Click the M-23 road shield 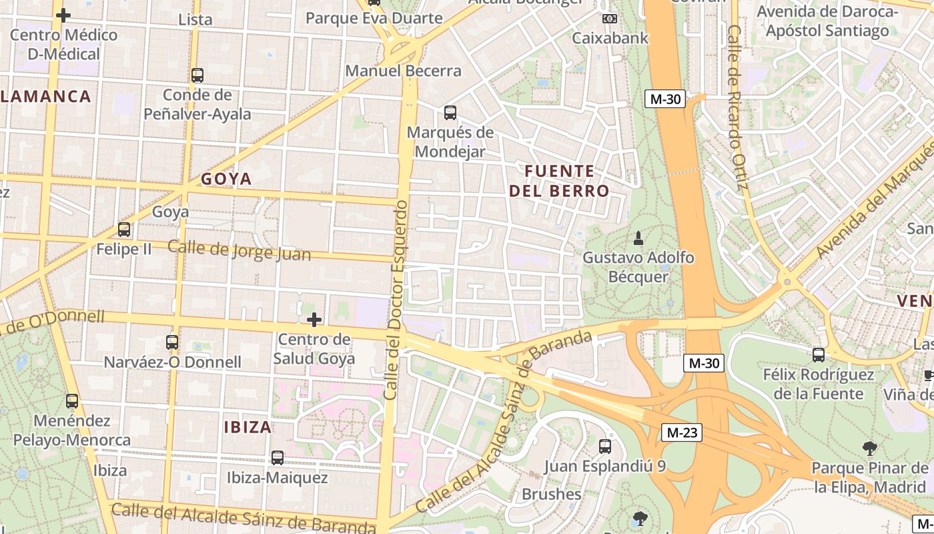click(682, 433)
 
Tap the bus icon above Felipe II click(124, 230)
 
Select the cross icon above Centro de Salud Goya click(314, 320)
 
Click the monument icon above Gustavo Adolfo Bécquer click(638, 238)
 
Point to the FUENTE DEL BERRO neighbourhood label click(559, 181)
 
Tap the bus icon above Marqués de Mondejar click(450, 113)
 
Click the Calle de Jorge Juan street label click(239, 250)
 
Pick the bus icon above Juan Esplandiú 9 click(605, 447)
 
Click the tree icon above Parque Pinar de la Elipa click(869, 449)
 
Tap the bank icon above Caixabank click(609, 19)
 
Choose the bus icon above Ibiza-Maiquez click(277, 459)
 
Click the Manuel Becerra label click(403, 71)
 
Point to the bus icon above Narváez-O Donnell click(172, 342)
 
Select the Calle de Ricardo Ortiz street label click(735, 107)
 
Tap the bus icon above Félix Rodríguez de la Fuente click(819, 355)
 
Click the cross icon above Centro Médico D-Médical click(63, 15)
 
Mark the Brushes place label click(551, 495)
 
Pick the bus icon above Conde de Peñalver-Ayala click(197, 75)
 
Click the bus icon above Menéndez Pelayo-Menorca click(72, 401)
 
